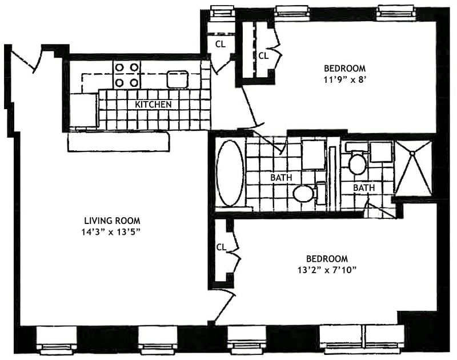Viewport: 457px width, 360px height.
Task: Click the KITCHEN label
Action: (x=153, y=105)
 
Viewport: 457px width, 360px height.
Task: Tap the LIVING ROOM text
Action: (x=112, y=221)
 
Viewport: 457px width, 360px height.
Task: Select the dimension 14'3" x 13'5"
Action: (x=112, y=232)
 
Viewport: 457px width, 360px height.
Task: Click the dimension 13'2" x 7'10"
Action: (x=326, y=270)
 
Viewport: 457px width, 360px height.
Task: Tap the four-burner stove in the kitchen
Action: (x=127, y=74)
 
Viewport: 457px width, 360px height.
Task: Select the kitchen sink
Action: (x=178, y=79)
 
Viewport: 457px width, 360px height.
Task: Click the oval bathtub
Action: (x=231, y=173)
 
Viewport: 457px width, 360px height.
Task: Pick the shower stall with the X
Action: (x=414, y=166)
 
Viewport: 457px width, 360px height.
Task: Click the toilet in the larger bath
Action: (x=304, y=193)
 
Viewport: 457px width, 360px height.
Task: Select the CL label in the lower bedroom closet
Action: (x=221, y=247)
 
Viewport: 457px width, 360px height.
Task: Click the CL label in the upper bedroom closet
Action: (x=263, y=56)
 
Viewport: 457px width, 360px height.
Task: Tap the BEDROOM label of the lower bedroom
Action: (x=326, y=258)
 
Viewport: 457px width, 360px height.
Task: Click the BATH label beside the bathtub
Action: (x=281, y=178)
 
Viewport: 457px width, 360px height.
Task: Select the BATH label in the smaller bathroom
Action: (x=363, y=187)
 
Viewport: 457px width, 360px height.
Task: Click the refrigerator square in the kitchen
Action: (x=83, y=109)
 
